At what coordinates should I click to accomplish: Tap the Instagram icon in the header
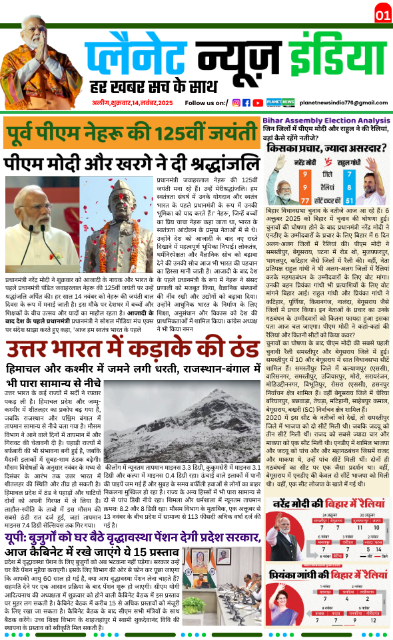tap(236, 102)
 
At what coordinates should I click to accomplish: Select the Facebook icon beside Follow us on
tap(246, 102)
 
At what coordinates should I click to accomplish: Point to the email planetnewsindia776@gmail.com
tap(343, 103)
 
